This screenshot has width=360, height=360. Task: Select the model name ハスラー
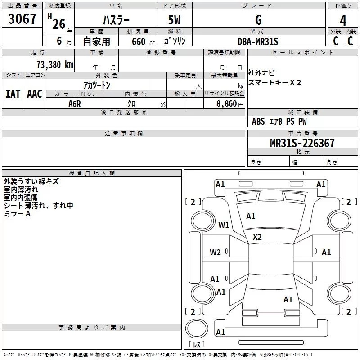pyautogui.click(x=116, y=20)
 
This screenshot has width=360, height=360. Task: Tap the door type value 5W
pyautogui.click(x=175, y=20)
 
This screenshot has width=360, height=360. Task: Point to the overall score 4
pyautogui.click(x=343, y=20)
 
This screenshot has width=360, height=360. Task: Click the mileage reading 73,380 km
pyautogui.click(x=54, y=64)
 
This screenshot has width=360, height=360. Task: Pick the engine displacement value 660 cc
pyautogui.click(x=135, y=41)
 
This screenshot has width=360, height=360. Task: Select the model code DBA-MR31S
pyautogui.click(x=258, y=41)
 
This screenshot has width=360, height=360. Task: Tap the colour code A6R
pyautogui.click(x=74, y=104)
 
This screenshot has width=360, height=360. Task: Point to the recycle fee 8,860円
pyautogui.click(x=229, y=104)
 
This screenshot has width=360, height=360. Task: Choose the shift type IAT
pyautogui.click(x=13, y=94)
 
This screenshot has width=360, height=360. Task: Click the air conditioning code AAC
pyautogui.click(x=35, y=94)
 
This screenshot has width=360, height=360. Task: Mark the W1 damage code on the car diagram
pyautogui.click(x=224, y=225)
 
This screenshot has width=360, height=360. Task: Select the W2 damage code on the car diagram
pyautogui.click(x=215, y=252)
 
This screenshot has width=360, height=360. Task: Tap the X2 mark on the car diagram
pyautogui.click(x=257, y=237)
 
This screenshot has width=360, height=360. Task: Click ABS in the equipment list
pyautogui.click(x=258, y=121)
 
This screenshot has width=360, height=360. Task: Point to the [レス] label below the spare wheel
pyautogui.click(x=196, y=345)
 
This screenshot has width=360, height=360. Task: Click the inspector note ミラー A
pyautogui.click(x=17, y=214)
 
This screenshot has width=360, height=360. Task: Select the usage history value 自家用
pyautogui.click(x=96, y=41)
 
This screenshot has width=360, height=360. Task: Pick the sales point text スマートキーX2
pyautogui.click(x=275, y=82)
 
